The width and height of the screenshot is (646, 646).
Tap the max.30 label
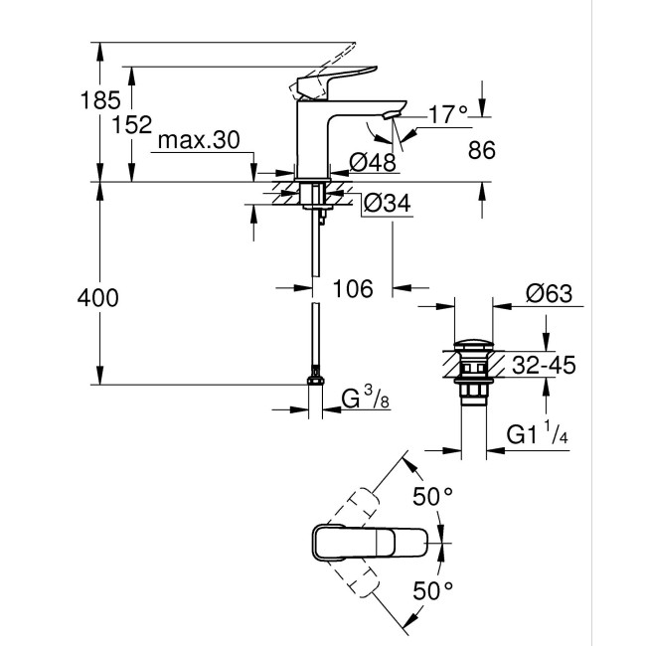(x=199, y=142)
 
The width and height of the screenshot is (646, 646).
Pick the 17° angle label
(x=447, y=116)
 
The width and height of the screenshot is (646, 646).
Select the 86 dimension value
(x=481, y=150)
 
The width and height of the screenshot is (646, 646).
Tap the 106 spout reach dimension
(x=352, y=289)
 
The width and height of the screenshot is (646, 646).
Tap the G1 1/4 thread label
(x=538, y=435)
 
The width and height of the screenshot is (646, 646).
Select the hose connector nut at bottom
(x=316, y=382)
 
